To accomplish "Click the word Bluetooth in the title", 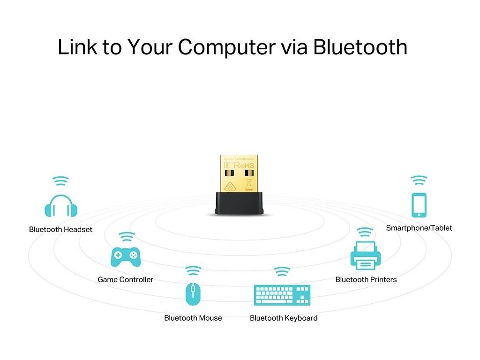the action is [360, 47].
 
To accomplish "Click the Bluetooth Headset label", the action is [60, 230].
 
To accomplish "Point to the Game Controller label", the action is [125, 280].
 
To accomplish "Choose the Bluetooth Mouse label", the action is [193, 318].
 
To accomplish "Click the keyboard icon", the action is [282, 295].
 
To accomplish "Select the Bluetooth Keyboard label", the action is [284, 318].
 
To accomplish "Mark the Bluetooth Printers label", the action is [366, 280].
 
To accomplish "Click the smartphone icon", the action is [419, 205].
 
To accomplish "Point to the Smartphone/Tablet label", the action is [419, 228].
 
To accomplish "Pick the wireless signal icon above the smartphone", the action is [419, 180].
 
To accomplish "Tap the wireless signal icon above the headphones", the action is [60, 180].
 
